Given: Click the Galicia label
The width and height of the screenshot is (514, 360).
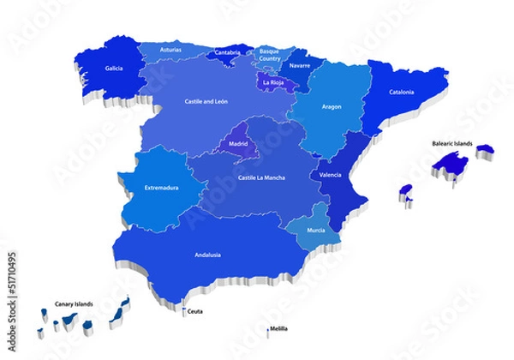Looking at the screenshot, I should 113,68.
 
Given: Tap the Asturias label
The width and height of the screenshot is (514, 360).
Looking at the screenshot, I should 172,51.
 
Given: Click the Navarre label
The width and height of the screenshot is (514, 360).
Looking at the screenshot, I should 300,65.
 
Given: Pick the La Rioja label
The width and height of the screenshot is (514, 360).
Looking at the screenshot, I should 274,83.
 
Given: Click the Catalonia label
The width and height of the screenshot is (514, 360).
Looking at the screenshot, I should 402,92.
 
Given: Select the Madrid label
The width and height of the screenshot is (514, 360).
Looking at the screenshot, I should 239,143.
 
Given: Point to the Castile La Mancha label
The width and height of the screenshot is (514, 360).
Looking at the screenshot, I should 260,177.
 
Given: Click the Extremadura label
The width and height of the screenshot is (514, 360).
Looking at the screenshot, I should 161,188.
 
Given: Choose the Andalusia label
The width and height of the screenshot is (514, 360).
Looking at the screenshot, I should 210,255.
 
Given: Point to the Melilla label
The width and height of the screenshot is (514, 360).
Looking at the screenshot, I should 278,329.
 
